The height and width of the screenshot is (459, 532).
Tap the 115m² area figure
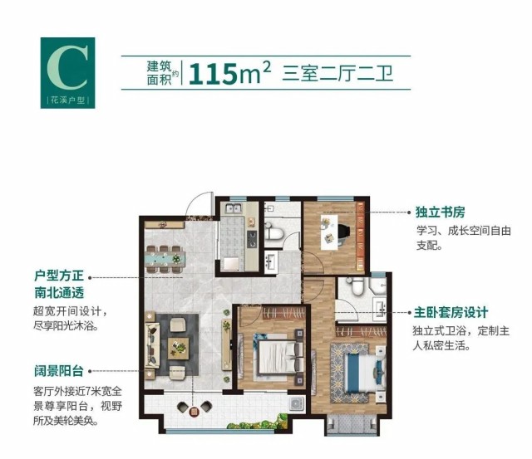[229, 73]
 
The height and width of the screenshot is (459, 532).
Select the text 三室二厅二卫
[337, 74]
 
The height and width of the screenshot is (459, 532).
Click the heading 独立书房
[440, 212]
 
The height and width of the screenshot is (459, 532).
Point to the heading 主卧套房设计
[451, 312]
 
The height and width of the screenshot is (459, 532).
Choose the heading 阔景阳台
[59, 371]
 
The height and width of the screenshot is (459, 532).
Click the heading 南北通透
[59, 293]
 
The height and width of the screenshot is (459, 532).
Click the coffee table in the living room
[178, 349]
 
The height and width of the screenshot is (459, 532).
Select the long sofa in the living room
[152, 345]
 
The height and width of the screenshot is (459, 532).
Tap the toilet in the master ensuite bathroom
[357, 286]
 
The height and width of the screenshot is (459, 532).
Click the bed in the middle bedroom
[277, 357]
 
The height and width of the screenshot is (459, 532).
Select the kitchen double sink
[234, 208]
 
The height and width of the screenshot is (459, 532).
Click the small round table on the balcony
[194, 412]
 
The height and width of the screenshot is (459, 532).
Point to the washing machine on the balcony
[295, 403]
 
